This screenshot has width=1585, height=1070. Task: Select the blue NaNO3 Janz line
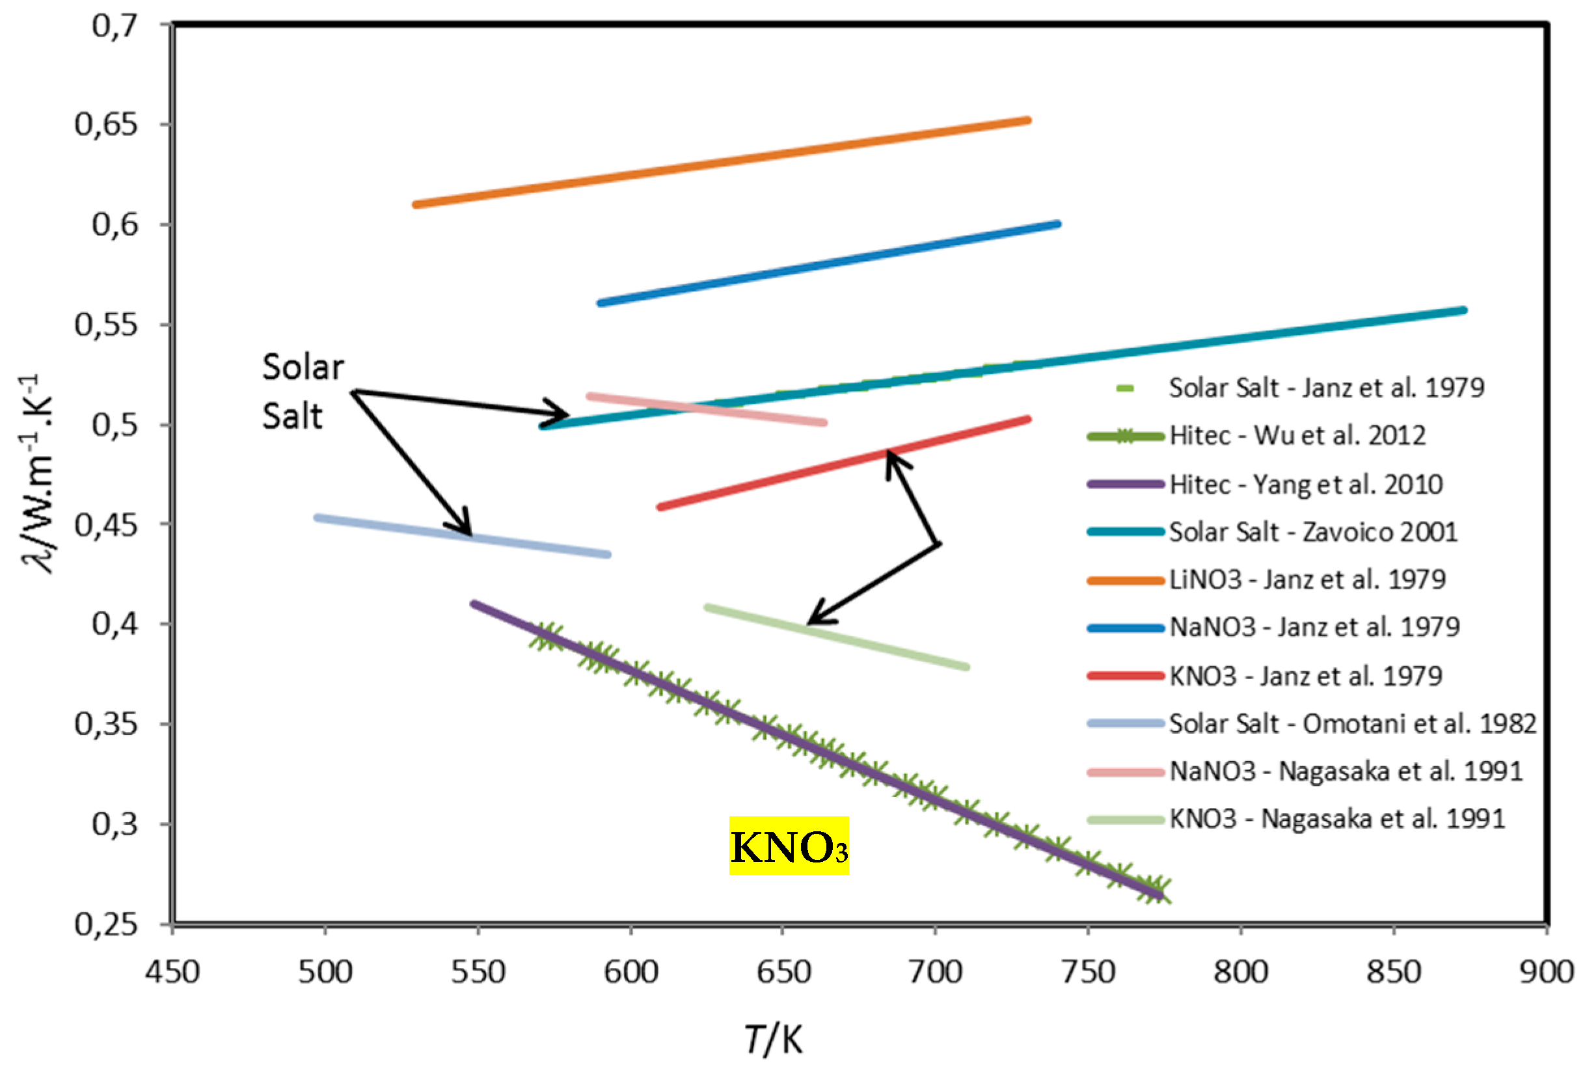point(829,263)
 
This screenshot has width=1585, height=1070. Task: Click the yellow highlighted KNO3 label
point(789,846)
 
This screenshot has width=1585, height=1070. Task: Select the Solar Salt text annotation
point(303,392)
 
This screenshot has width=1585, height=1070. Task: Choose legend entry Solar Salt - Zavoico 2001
point(1312,532)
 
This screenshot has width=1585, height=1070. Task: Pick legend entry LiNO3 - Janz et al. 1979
point(1306,580)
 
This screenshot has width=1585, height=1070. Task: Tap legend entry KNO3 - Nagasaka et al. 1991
point(1336,818)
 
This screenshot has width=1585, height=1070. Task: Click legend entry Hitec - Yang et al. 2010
point(1305,484)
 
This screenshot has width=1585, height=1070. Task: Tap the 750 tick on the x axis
point(1088,971)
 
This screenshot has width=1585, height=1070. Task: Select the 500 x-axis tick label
point(325,971)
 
